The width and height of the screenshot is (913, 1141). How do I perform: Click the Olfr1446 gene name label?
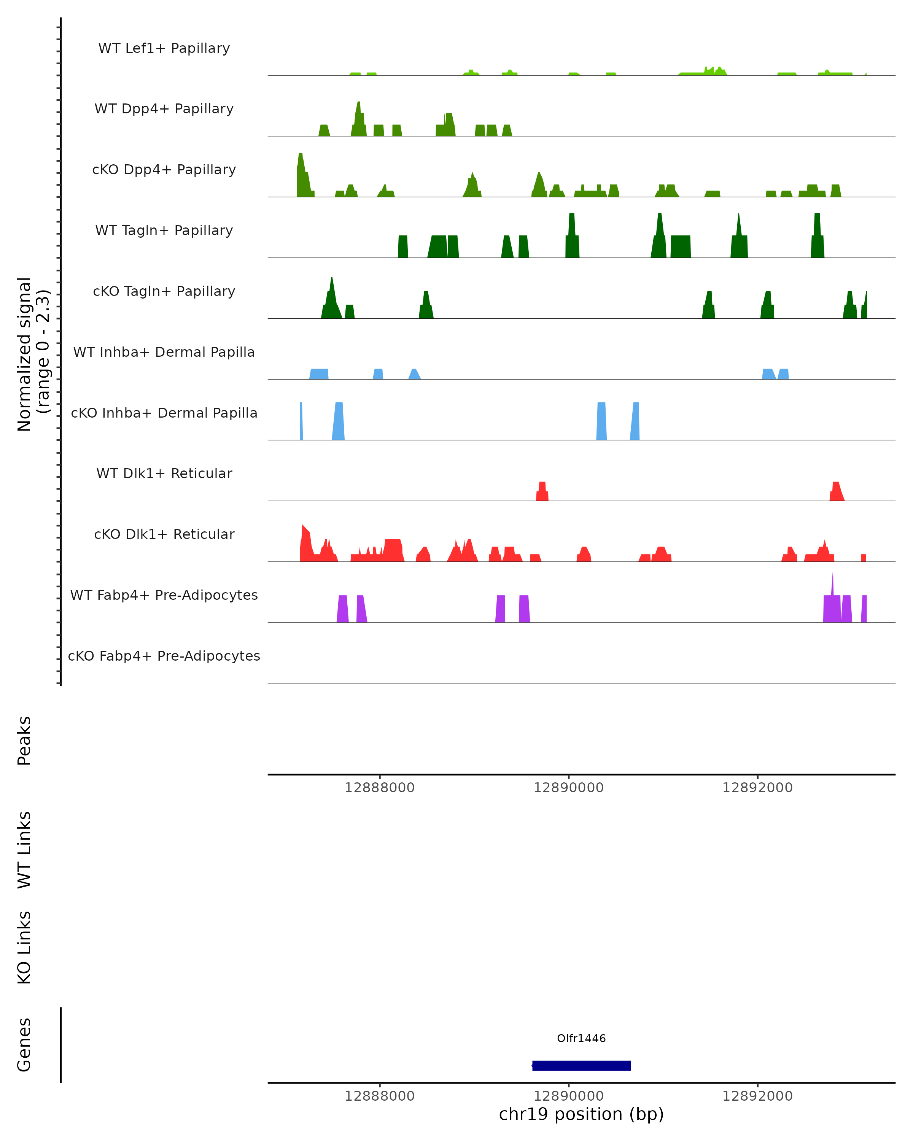[581, 1038]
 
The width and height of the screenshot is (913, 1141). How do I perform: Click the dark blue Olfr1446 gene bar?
[581, 1065]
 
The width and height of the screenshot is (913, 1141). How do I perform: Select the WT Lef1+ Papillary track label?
[164, 48]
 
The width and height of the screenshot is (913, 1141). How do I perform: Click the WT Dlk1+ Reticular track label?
[164, 473]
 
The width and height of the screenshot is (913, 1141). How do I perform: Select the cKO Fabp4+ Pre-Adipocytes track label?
[164, 656]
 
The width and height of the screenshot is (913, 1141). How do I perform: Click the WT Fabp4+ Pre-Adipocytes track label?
[164, 595]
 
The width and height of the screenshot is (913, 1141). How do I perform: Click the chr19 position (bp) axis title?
[581, 1114]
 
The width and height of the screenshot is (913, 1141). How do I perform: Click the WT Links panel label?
[24, 849]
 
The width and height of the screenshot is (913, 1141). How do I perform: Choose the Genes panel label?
[24, 1045]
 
